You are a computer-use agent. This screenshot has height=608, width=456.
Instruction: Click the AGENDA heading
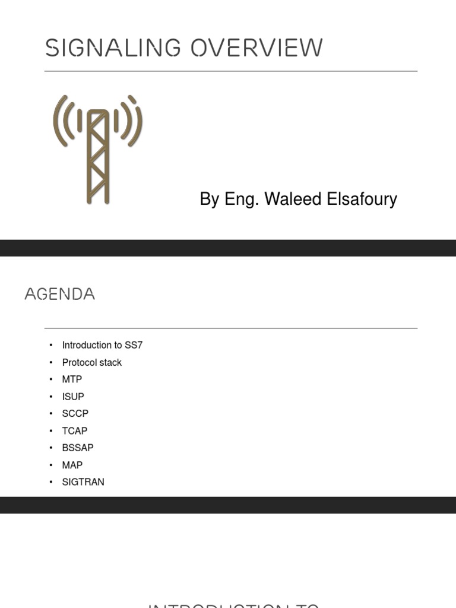(x=59, y=294)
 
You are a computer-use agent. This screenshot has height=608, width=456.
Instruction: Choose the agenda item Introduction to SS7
(x=102, y=345)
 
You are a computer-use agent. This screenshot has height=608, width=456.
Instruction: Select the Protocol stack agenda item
(x=91, y=362)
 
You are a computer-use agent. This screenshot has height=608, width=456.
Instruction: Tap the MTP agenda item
(x=72, y=379)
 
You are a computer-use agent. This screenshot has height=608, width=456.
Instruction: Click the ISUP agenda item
(x=73, y=397)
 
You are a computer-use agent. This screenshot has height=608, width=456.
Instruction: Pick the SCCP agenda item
(x=75, y=413)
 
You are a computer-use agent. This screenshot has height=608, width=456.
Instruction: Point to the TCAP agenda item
(x=74, y=430)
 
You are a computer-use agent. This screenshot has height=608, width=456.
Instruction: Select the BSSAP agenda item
(x=78, y=448)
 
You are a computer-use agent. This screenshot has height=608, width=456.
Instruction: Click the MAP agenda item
(x=72, y=465)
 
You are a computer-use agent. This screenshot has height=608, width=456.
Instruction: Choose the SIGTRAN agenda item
(x=83, y=482)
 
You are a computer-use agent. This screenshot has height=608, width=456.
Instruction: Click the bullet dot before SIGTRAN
(x=51, y=482)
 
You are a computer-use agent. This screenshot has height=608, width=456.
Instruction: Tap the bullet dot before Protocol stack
(x=51, y=362)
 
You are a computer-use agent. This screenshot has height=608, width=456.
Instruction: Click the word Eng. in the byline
(x=242, y=199)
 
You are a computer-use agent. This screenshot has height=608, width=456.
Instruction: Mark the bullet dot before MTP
(x=51, y=379)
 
